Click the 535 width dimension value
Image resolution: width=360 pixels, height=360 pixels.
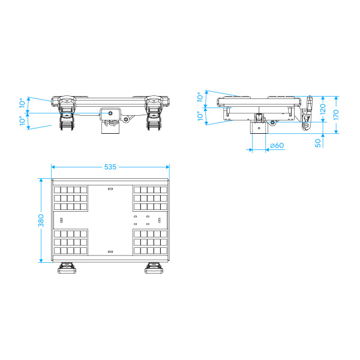pos(110,167)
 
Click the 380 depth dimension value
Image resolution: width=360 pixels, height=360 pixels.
pos(41,220)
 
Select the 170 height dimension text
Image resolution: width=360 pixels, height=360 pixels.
pos(336,115)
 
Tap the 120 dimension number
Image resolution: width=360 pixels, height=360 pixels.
pos(323,109)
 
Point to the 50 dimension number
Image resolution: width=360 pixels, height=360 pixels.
pos(318,143)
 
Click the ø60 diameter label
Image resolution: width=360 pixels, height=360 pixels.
pos(277,145)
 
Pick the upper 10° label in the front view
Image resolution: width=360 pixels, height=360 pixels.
pos(22,103)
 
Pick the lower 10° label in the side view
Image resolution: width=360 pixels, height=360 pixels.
pos(200,116)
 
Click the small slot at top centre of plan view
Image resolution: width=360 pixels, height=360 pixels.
pos(110,189)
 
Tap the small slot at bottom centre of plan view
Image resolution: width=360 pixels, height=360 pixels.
pos(110,251)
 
